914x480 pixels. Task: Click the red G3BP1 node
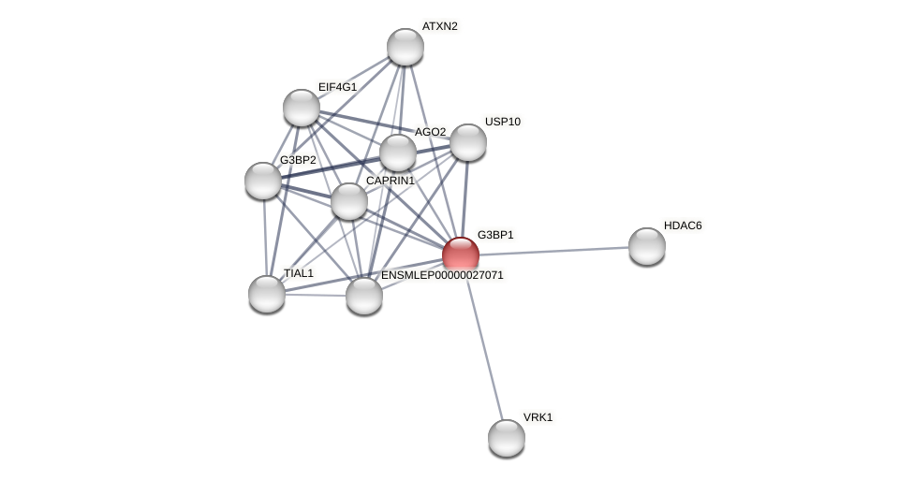click(x=461, y=255)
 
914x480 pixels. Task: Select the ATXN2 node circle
click(x=405, y=47)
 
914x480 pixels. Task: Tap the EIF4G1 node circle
click(x=302, y=108)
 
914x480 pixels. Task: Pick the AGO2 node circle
click(x=398, y=153)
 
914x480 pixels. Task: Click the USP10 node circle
click(x=468, y=142)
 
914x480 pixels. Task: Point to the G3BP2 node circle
click(x=263, y=181)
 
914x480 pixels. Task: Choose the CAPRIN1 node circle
click(x=349, y=201)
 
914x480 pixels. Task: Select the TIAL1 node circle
click(x=267, y=294)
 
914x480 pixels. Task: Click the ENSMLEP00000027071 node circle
click(x=364, y=296)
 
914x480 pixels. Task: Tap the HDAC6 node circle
click(x=647, y=246)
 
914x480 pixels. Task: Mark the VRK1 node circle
click(x=507, y=438)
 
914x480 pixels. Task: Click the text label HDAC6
click(x=683, y=225)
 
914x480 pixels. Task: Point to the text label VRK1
click(x=538, y=417)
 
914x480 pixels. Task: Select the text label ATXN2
click(x=439, y=26)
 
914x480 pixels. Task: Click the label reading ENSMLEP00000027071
click(x=442, y=275)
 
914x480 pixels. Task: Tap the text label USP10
click(x=502, y=122)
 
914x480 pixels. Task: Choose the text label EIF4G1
click(x=337, y=87)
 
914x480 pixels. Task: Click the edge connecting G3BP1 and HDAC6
click(x=553, y=251)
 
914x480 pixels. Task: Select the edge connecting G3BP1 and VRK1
click(x=483, y=345)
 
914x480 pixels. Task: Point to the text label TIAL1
click(x=299, y=273)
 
